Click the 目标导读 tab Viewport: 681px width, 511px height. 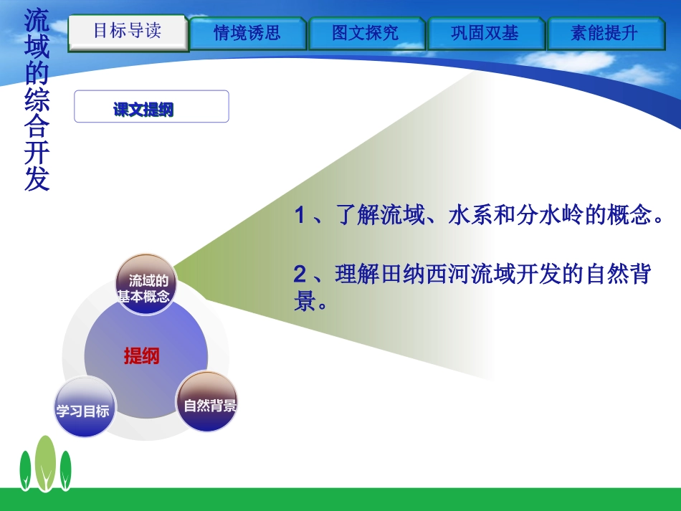[128, 32]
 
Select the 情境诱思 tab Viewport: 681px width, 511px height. [247, 33]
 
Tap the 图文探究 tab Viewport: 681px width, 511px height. [366, 33]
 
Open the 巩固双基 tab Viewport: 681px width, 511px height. [485, 33]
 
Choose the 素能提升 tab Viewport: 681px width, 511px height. [604, 33]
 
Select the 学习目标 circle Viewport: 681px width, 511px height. [83, 411]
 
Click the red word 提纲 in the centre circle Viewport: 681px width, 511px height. [142, 355]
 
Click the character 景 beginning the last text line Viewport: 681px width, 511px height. [305, 301]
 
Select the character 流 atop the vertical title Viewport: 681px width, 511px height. [37, 19]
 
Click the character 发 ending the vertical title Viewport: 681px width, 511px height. [37, 179]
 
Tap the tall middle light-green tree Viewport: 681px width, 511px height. [46, 462]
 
